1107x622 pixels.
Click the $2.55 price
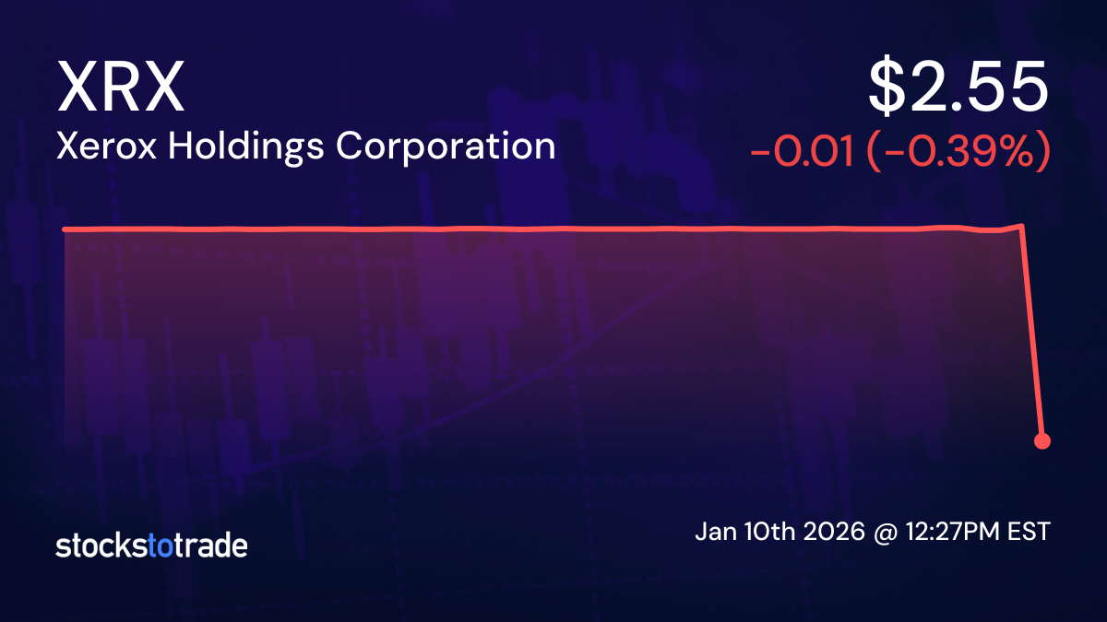pos(958,88)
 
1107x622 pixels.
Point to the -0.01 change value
pos(802,153)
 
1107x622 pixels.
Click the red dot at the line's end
pos(1042,440)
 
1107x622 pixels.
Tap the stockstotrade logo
pos(151,546)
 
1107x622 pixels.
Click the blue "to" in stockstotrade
pos(161,546)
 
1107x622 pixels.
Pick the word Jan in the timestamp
pos(712,533)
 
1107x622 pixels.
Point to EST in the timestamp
pos(1030,533)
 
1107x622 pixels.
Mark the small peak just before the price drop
pos(1021,225)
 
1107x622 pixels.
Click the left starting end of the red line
pos(65,229)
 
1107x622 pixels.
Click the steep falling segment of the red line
pos(1032,332)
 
